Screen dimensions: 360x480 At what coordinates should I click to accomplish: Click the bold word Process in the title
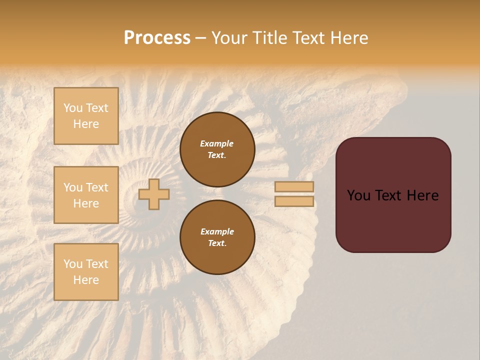(157, 38)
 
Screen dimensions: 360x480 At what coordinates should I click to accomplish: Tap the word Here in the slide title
(348, 38)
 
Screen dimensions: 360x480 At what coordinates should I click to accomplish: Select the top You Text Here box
(86, 116)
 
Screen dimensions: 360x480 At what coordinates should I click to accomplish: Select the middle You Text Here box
(86, 195)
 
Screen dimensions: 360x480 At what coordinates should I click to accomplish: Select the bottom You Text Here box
(86, 272)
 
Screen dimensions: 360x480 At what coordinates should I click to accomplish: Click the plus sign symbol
(153, 194)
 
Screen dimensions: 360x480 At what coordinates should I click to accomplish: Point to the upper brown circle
(217, 149)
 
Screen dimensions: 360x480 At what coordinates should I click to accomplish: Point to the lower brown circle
(217, 237)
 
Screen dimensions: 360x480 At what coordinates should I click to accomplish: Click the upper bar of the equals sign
(294, 187)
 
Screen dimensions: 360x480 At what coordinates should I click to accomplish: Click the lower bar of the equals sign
(294, 201)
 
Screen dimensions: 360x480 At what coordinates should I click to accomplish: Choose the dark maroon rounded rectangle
(393, 195)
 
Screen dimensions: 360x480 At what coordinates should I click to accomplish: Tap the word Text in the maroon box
(393, 195)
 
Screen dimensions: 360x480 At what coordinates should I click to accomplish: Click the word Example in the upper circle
(217, 143)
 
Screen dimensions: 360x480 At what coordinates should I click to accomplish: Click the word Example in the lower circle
(217, 231)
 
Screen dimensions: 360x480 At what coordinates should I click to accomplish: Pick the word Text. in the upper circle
(217, 155)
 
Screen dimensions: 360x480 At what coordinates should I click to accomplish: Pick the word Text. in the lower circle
(217, 243)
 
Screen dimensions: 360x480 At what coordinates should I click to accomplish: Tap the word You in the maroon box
(359, 195)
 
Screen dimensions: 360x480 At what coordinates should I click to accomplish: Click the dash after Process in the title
(200, 38)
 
